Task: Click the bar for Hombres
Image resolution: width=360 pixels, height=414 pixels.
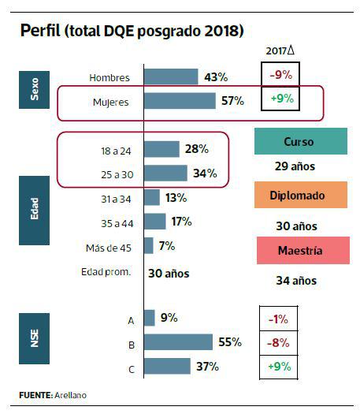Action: (171, 76)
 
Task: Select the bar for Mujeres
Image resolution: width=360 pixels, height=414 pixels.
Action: (180, 101)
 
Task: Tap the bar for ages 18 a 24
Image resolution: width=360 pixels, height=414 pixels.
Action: (161, 149)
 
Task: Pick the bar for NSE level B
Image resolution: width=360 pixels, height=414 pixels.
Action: (178, 342)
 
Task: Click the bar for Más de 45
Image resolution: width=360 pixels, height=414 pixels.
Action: (148, 246)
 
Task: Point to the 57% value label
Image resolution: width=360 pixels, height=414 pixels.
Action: (232, 101)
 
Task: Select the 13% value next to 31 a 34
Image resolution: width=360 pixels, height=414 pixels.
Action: (176, 198)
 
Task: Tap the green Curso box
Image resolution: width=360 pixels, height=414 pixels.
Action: (300, 142)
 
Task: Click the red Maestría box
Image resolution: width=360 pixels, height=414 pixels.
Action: (300, 251)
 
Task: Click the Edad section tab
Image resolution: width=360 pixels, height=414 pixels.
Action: (34, 213)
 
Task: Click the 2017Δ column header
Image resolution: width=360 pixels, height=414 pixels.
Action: (280, 50)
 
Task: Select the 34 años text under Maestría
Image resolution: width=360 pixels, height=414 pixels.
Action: (296, 280)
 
